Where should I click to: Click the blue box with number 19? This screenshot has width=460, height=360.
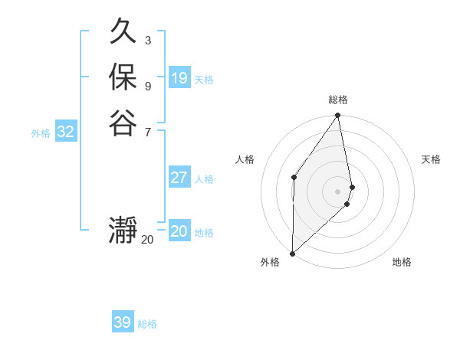click(x=179, y=77)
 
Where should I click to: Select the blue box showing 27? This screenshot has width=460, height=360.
click(x=179, y=178)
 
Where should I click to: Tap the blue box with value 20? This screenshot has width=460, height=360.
click(x=179, y=231)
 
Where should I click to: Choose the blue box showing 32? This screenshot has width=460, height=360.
click(x=66, y=132)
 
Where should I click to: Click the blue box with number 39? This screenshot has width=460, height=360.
click(x=123, y=322)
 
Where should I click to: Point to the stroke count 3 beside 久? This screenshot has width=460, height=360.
click(x=147, y=40)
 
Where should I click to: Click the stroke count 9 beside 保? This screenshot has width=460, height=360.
click(x=147, y=86)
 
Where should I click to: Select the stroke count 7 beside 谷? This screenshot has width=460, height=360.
click(x=147, y=132)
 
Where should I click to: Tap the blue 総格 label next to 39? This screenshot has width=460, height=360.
click(x=147, y=324)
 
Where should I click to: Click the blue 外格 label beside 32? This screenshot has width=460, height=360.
click(x=41, y=133)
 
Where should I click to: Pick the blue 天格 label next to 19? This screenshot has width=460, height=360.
click(x=204, y=79)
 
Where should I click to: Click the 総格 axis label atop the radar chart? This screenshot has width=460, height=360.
click(x=338, y=100)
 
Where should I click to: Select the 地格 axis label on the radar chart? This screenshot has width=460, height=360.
click(x=402, y=262)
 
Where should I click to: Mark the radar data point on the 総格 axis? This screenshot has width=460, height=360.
click(x=337, y=116)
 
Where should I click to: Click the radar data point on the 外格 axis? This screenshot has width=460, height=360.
click(x=292, y=253)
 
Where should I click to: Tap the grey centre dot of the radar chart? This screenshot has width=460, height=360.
click(x=337, y=191)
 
